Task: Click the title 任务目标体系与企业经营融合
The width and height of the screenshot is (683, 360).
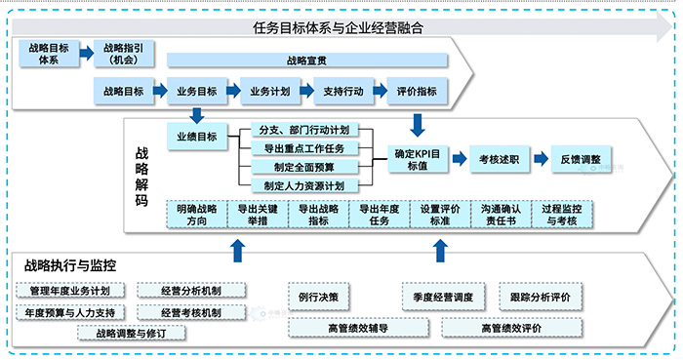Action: coord(338,27)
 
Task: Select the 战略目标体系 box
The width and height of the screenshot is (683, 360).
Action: coord(48,53)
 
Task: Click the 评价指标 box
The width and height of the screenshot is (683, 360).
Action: coord(418,91)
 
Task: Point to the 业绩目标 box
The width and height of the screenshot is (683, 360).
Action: coord(196,137)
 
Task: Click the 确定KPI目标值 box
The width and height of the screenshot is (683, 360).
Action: coord(417,160)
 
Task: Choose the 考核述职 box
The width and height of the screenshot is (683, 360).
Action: coord(499,158)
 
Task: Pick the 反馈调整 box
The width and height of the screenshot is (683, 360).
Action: coord(581,158)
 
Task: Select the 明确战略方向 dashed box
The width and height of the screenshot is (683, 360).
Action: coord(195,215)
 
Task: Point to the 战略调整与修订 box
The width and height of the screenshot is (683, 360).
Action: coord(131,333)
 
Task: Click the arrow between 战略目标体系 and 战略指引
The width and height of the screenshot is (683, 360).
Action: coord(86,53)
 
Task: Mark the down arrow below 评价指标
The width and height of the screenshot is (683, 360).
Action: coord(418,122)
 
